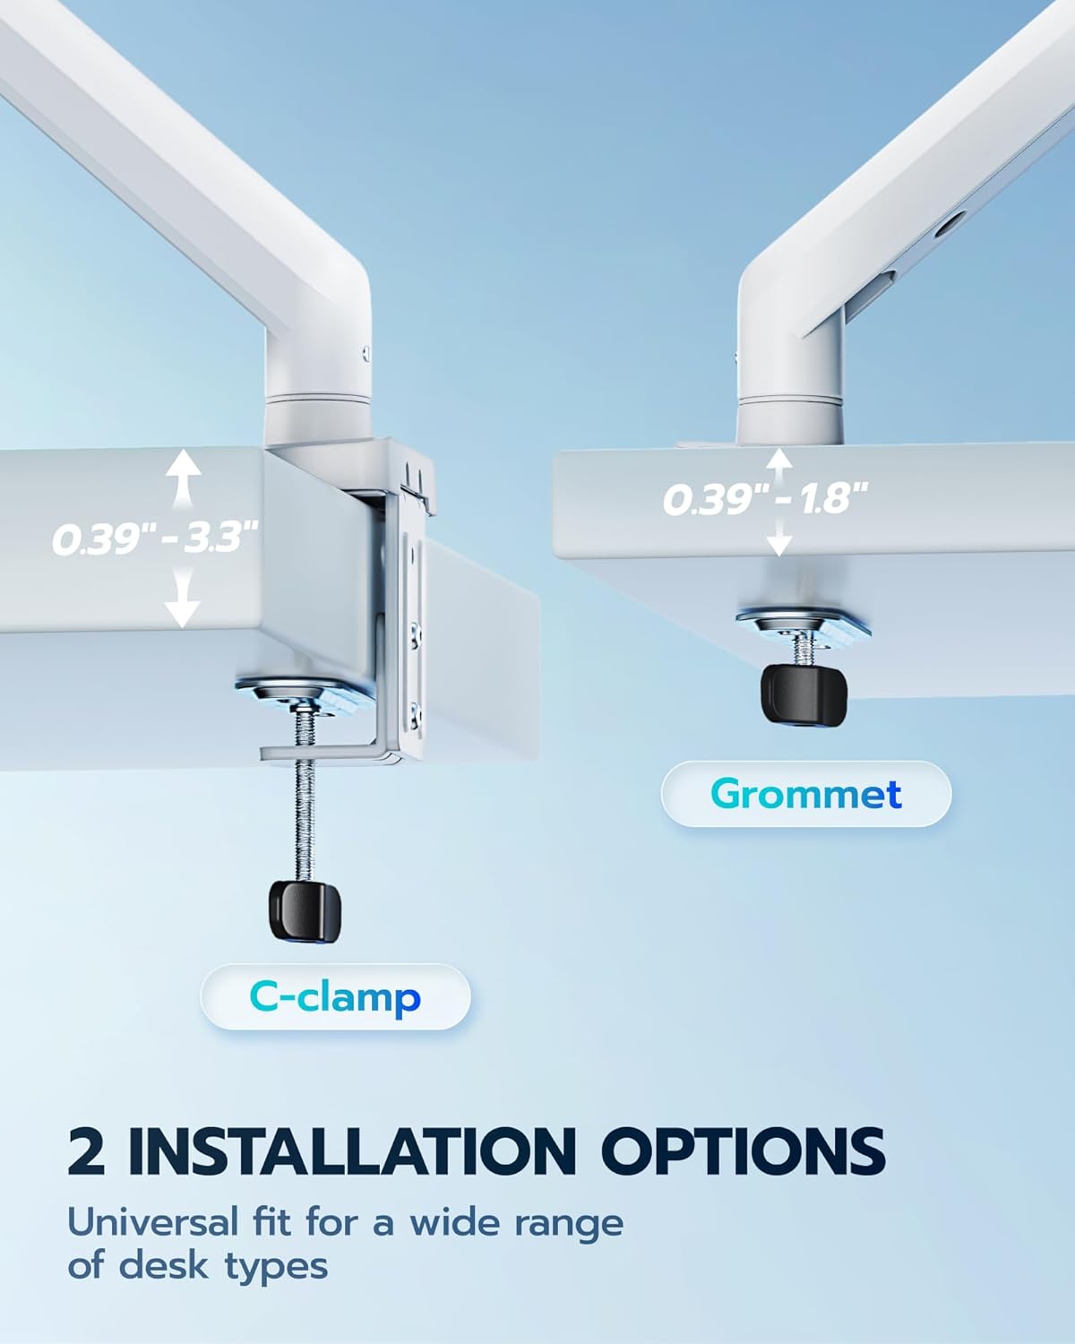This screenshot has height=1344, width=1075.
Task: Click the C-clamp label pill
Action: click(335, 996)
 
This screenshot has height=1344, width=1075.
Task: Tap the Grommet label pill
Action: click(805, 794)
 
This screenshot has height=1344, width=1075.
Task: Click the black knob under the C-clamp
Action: click(305, 910)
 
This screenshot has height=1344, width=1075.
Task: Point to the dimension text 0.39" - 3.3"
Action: click(154, 538)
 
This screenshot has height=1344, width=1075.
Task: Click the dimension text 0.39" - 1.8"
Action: click(766, 498)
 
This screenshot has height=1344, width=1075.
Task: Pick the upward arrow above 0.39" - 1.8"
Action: click(779, 461)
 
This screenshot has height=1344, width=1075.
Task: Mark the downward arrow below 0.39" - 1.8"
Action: click(779, 538)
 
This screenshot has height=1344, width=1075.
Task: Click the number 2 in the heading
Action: click(87, 1150)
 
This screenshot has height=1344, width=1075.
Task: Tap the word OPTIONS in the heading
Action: click(742, 1150)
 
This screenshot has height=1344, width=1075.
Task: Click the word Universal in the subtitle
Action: click(154, 1222)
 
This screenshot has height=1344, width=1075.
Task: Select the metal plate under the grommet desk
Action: click(803, 621)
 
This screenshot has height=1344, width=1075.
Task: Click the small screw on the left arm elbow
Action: click(365, 352)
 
